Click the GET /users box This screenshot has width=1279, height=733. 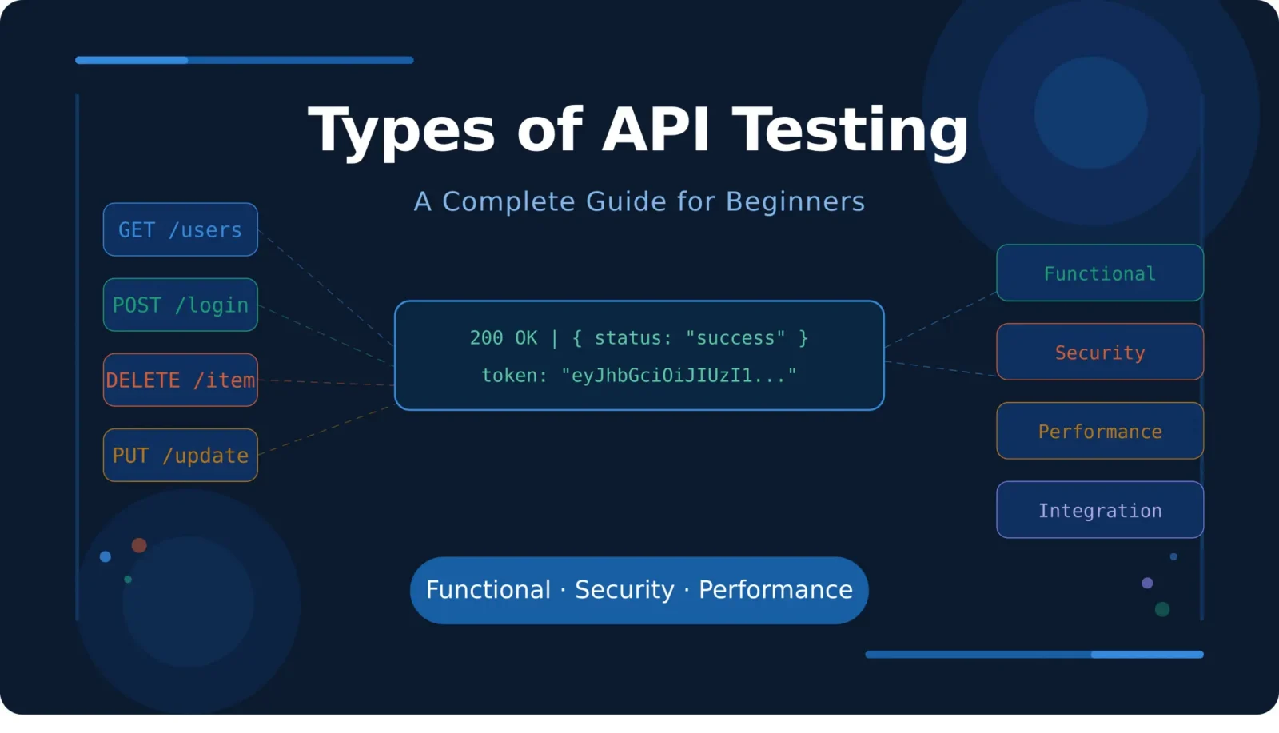tap(180, 229)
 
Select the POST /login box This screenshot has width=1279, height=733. tap(180, 305)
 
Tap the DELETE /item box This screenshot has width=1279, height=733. tap(180, 380)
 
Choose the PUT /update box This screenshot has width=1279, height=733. tap(180, 455)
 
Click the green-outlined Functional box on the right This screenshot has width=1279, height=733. tap(1099, 273)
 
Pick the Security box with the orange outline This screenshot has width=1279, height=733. tap(1099, 352)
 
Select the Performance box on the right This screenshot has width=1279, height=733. tap(1099, 431)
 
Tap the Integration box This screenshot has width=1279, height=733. tap(1099, 510)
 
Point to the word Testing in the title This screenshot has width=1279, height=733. tap(850, 129)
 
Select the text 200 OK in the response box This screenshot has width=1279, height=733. tap(504, 338)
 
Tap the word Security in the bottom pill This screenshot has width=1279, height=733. tap(624, 590)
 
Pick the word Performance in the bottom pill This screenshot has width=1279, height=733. tap(775, 590)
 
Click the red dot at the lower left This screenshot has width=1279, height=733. tap(139, 545)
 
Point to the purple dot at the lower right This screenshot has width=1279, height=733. tap(1147, 583)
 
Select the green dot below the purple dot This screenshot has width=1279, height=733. tap(1162, 609)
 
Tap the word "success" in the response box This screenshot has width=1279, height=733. tap(735, 338)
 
